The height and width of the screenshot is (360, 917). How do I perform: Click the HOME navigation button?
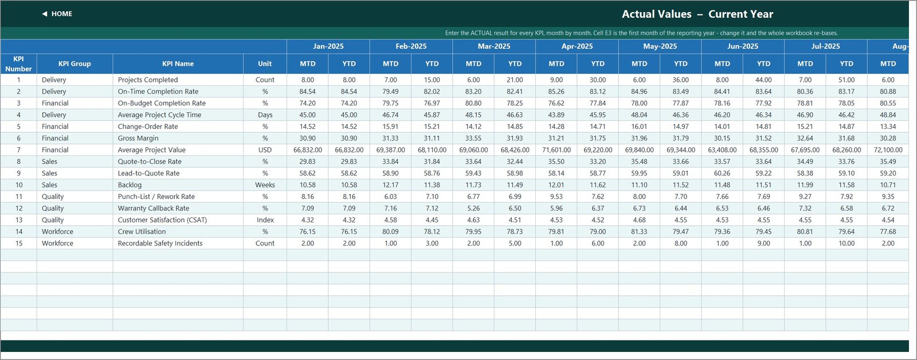[x=57, y=14]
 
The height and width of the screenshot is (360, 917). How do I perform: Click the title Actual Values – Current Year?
[x=697, y=14]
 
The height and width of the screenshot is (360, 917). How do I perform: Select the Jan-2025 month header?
[x=328, y=46]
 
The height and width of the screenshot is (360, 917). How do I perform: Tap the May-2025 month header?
[x=660, y=46]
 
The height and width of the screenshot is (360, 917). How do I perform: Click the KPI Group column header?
[x=75, y=64]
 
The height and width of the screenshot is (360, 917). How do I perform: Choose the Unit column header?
[x=265, y=64]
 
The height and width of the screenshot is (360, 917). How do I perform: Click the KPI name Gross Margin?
[x=138, y=138]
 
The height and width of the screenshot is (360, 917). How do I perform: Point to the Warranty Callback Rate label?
[x=154, y=208]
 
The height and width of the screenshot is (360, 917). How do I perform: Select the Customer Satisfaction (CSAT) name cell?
[x=163, y=220]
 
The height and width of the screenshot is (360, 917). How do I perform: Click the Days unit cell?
[x=265, y=115]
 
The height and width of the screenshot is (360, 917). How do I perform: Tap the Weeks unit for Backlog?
[x=265, y=185]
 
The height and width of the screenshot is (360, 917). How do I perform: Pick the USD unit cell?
[x=265, y=150]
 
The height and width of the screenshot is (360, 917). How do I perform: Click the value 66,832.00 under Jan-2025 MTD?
[x=308, y=150]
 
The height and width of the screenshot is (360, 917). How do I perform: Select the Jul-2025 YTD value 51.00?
[x=847, y=80]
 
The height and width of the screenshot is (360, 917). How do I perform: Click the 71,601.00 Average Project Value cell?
[x=557, y=150]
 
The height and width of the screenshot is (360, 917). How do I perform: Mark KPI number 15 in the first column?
[x=19, y=243]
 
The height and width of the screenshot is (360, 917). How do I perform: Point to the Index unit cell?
[x=265, y=220]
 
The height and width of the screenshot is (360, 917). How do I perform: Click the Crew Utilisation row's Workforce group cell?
[x=57, y=232]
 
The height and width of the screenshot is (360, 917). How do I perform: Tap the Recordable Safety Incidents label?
[x=160, y=243]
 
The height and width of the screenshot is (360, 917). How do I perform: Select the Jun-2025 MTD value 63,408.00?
[x=722, y=150]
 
